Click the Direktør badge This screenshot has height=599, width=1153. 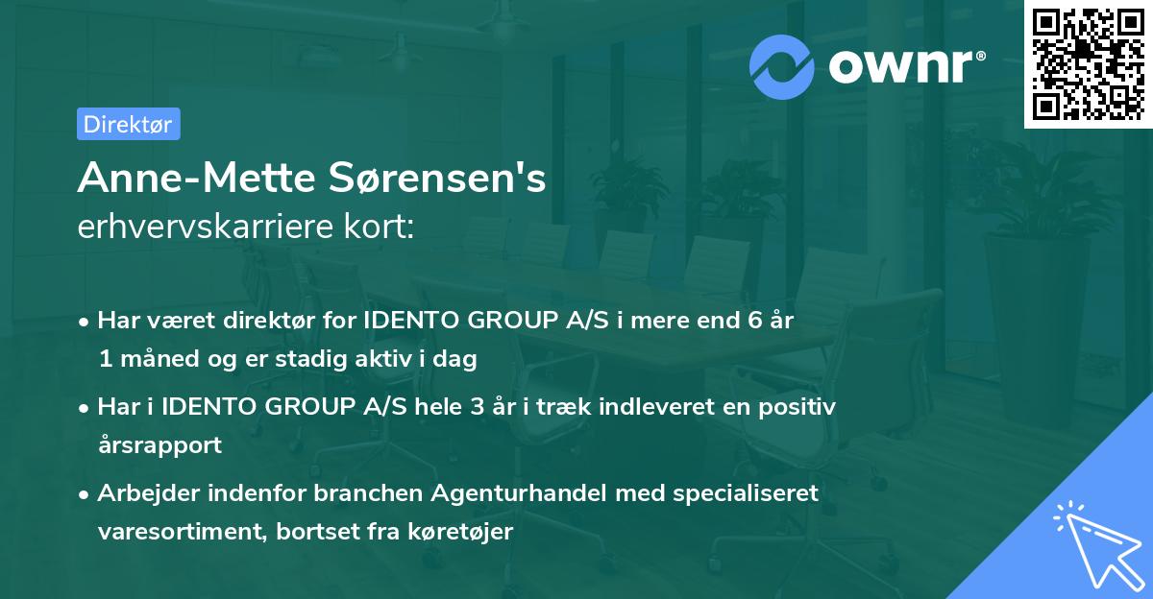(x=128, y=124)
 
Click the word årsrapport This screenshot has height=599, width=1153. (x=159, y=445)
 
